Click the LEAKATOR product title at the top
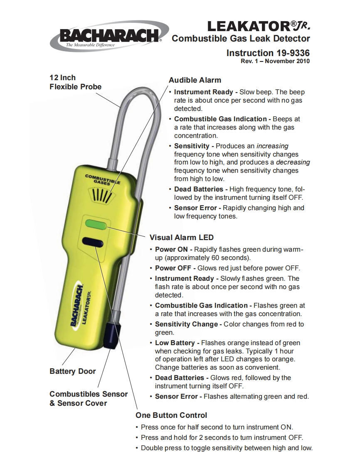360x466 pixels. [x=259, y=26]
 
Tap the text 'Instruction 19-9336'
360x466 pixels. [x=268, y=53]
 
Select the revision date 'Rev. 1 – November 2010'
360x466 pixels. [x=275, y=61]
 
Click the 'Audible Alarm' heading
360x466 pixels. [x=195, y=80]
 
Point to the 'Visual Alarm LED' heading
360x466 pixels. [x=181, y=238]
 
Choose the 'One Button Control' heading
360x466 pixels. [x=171, y=415]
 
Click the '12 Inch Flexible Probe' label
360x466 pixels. [x=75, y=82]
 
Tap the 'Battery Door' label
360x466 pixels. [x=72, y=371]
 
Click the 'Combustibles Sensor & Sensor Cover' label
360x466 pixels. [x=88, y=398]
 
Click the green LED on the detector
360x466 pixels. [x=96, y=224]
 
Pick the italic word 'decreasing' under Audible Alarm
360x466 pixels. [x=293, y=162]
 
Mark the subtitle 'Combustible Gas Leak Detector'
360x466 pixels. [x=241, y=39]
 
